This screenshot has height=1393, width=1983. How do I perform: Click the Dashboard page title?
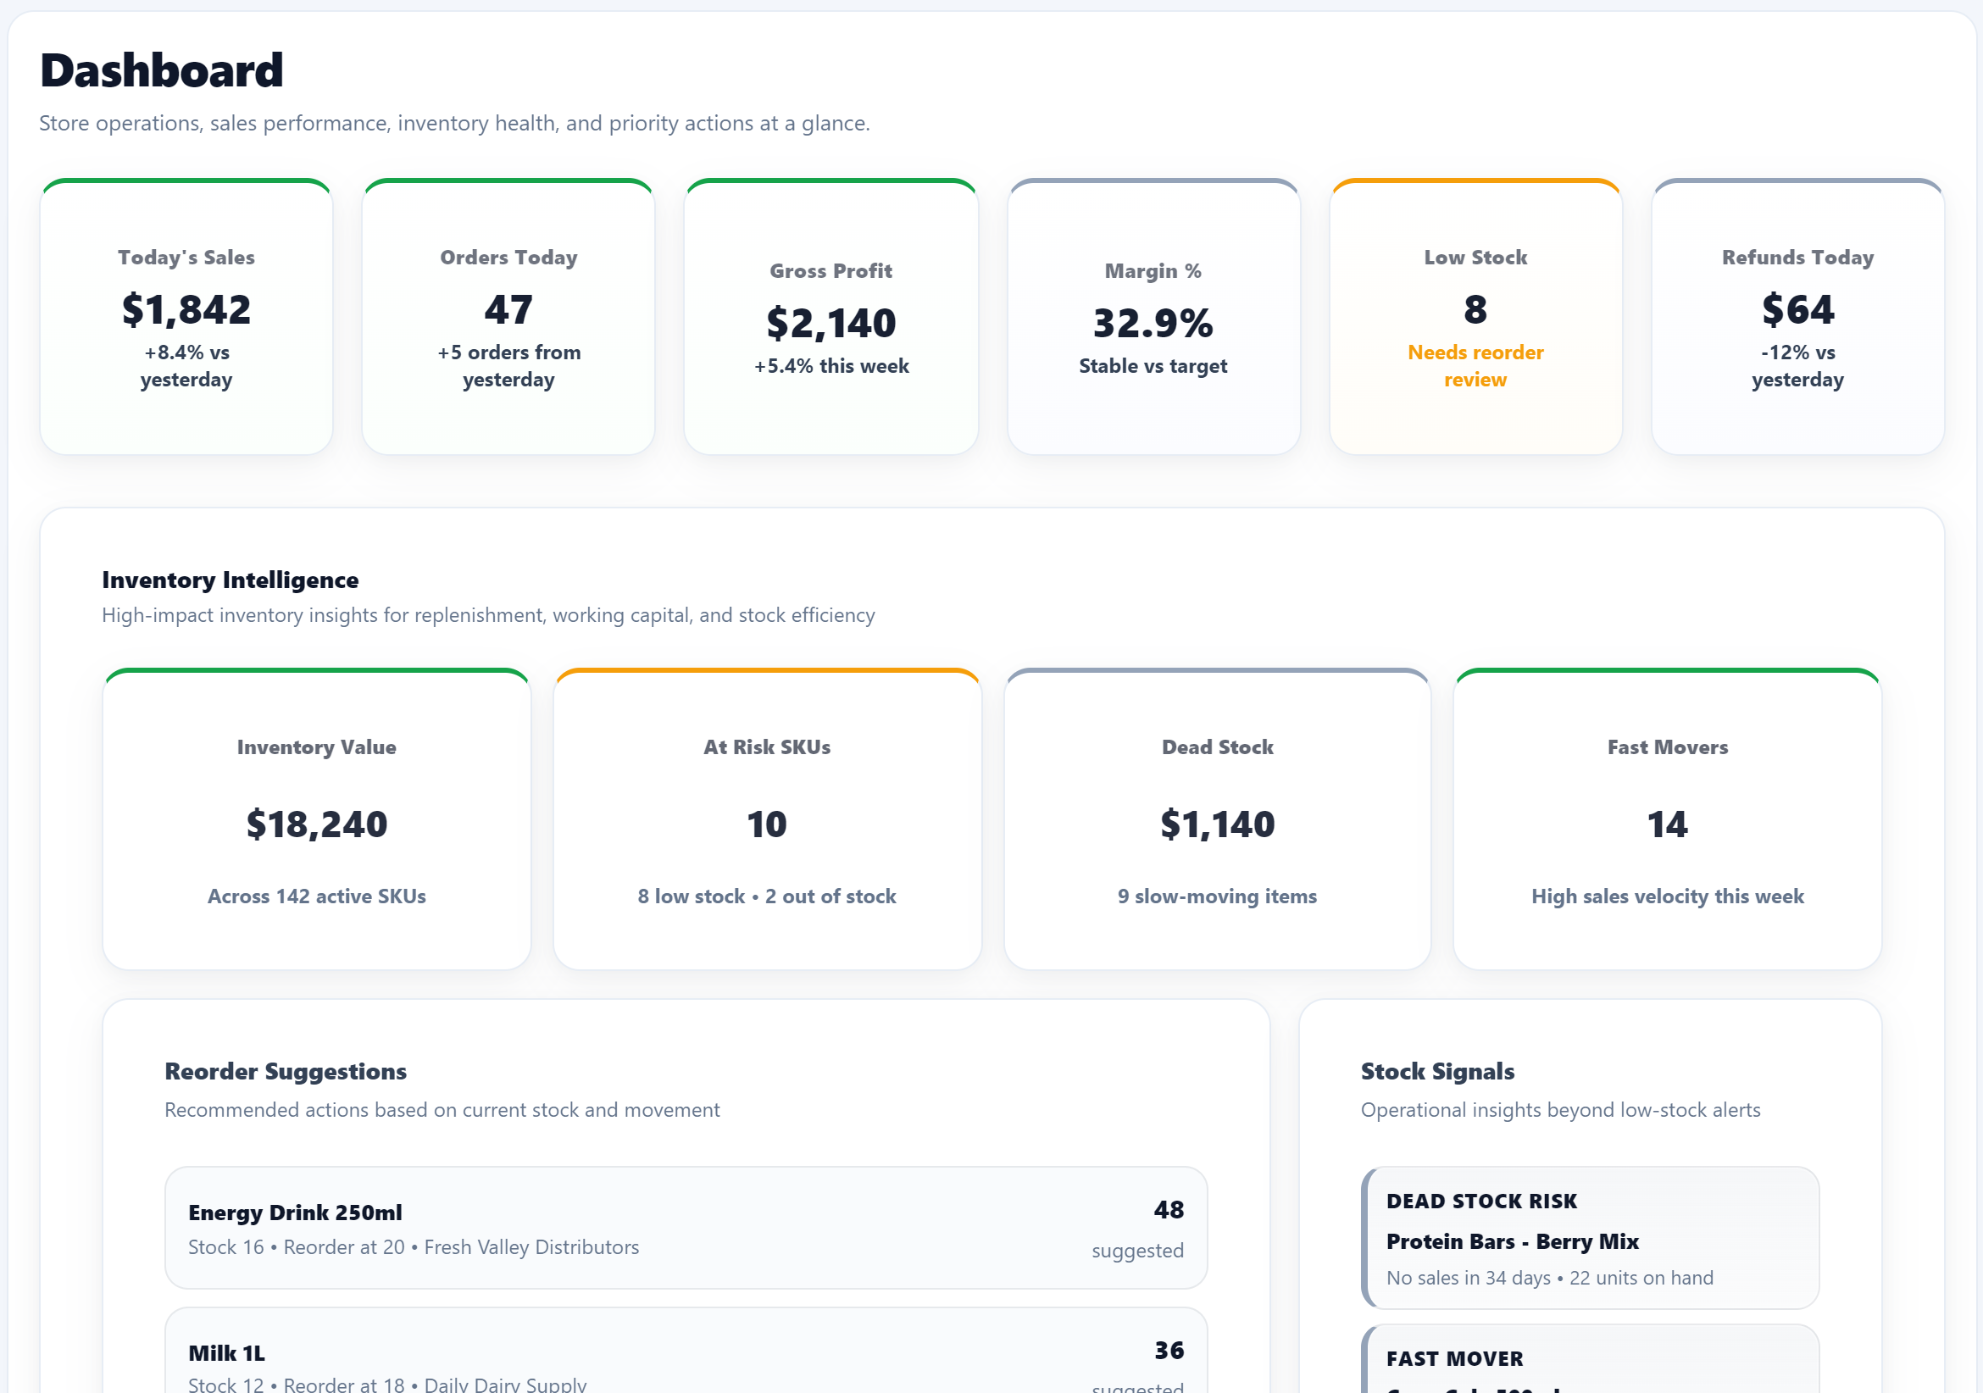tap(162, 70)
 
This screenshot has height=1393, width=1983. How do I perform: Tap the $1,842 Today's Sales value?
tap(186, 309)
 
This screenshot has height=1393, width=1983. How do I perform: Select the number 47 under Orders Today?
tap(508, 309)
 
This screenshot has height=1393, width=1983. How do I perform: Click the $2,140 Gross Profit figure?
tap(830, 323)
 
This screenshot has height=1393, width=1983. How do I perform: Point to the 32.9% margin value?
tap(1153, 323)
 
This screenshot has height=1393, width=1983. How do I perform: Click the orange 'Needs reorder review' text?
tap(1475, 365)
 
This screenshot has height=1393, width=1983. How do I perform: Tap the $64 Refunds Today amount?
tap(1797, 309)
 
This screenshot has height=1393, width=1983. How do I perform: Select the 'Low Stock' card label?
tap(1475, 258)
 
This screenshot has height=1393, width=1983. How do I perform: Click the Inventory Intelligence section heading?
tap(230, 580)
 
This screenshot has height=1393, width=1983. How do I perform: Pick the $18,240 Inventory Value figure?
tap(316, 824)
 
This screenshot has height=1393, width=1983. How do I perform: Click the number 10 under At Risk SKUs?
tap(766, 824)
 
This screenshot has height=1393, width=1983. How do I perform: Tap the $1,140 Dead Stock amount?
tap(1217, 824)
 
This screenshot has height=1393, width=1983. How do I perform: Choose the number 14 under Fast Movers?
tap(1667, 824)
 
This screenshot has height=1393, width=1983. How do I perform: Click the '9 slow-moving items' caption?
tap(1217, 896)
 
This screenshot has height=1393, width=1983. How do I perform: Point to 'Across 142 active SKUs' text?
tap(316, 896)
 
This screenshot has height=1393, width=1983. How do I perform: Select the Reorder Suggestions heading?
tap(285, 1071)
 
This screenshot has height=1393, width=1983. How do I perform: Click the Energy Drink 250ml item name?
tap(295, 1213)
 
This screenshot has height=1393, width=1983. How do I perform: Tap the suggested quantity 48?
tap(1169, 1209)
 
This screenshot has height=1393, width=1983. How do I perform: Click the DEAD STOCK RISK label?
tap(1481, 1202)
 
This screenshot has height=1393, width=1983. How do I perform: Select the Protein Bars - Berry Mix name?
tap(1513, 1241)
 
